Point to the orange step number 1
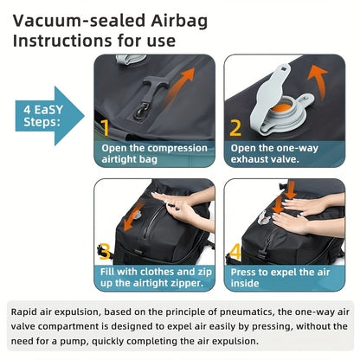105,129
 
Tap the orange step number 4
235,251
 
